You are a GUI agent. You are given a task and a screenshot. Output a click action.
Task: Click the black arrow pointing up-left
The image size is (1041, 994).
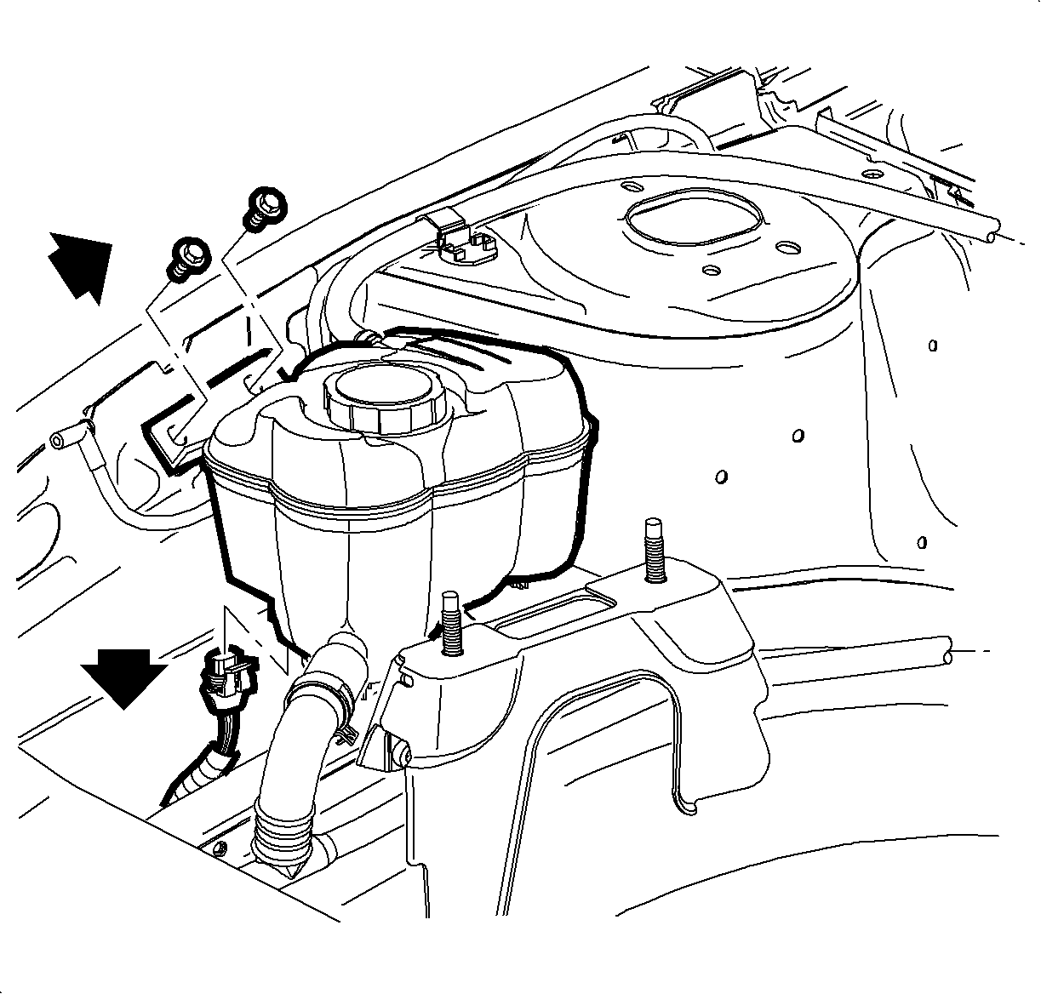tap(78, 265)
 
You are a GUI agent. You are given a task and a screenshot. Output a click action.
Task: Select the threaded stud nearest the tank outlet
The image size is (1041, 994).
tap(451, 621)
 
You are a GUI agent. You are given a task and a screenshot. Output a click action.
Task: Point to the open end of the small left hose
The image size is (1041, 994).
tap(58, 440)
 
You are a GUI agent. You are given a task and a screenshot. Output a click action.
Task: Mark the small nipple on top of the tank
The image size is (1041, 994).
tap(368, 338)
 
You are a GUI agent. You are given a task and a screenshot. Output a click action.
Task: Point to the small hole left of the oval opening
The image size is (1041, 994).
tap(632, 187)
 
